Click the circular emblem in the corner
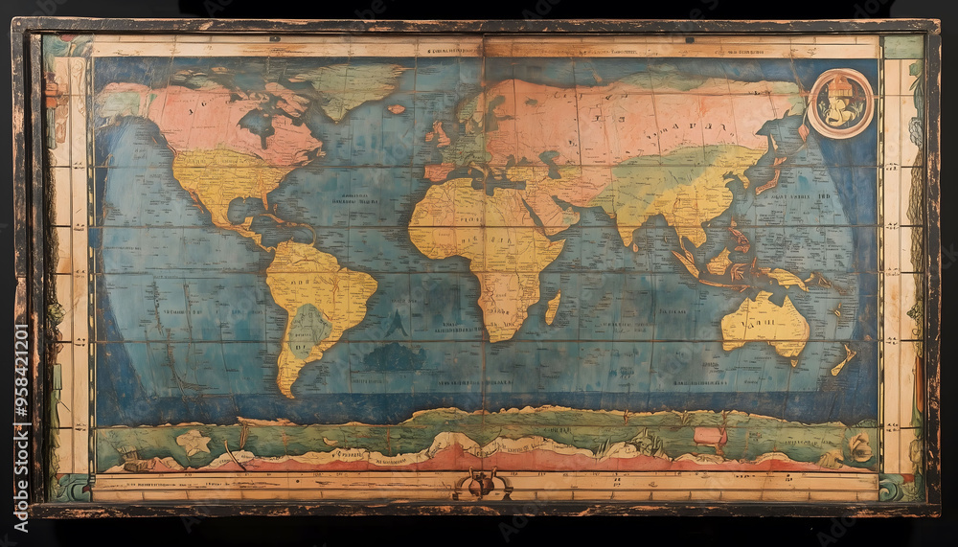(x=840, y=103)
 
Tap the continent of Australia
(x=764, y=323)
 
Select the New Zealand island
(x=844, y=359)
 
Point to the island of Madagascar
(x=553, y=308)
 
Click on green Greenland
(x=350, y=86)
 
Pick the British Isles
(x=438, y=133)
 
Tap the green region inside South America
(x=309, y=328)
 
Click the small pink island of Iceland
(x=396, y=109)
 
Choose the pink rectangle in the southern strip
(x=710, y=437)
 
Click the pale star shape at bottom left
(x=194, y=442)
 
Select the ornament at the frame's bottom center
(x=483, y=485)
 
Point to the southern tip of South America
(x=285, y=391)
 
